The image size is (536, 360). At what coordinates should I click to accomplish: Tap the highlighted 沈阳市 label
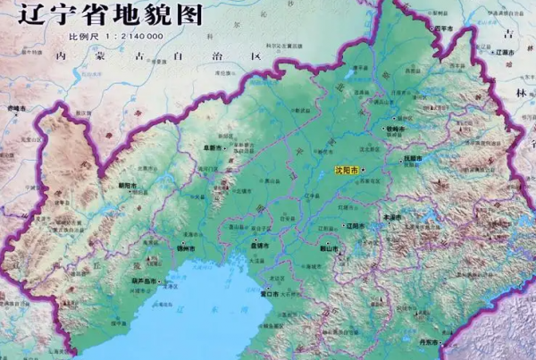342,169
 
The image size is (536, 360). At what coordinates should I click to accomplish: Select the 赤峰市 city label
18,107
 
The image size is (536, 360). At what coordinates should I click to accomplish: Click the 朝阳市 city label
130,186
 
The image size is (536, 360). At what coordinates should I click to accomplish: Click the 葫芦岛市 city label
146,281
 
